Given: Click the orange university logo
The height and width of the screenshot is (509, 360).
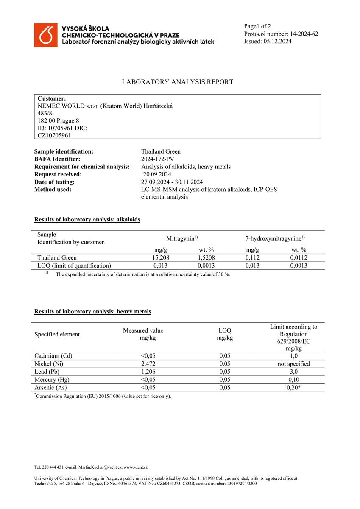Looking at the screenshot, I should pyautogui.click(x=46, y=35).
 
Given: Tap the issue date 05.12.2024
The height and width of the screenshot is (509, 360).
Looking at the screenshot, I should pyautogui.click(x=277, y=42).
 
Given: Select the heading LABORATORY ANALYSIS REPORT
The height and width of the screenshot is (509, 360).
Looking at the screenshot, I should pyautogui.click(x=178, y=82).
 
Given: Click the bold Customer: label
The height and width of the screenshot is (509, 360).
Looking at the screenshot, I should pyautogui.click(x=52, y=98).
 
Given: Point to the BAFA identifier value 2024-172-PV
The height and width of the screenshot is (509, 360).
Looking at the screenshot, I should pyautogui.click(x=158, y=159).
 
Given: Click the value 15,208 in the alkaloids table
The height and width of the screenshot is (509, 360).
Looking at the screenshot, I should pyautogui.click(x=161, y=257).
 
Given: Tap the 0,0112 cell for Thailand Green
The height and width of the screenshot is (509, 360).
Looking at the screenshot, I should pyautogui.click(x=299, y=257).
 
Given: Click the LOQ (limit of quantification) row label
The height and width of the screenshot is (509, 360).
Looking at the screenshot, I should pyautogui.click(x=74, y=266).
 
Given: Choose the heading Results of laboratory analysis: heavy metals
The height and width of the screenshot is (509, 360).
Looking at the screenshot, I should pyautogui.click(x=92, y=312).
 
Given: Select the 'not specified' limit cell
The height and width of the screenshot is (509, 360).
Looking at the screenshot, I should pyautogui.click(x=293, y=364).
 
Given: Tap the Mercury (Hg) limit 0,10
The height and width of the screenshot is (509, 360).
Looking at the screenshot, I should pyautogui.click(x=293, y=380).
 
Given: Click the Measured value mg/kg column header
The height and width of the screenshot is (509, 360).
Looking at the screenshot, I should pyautogui.click(x=143, y=334).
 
